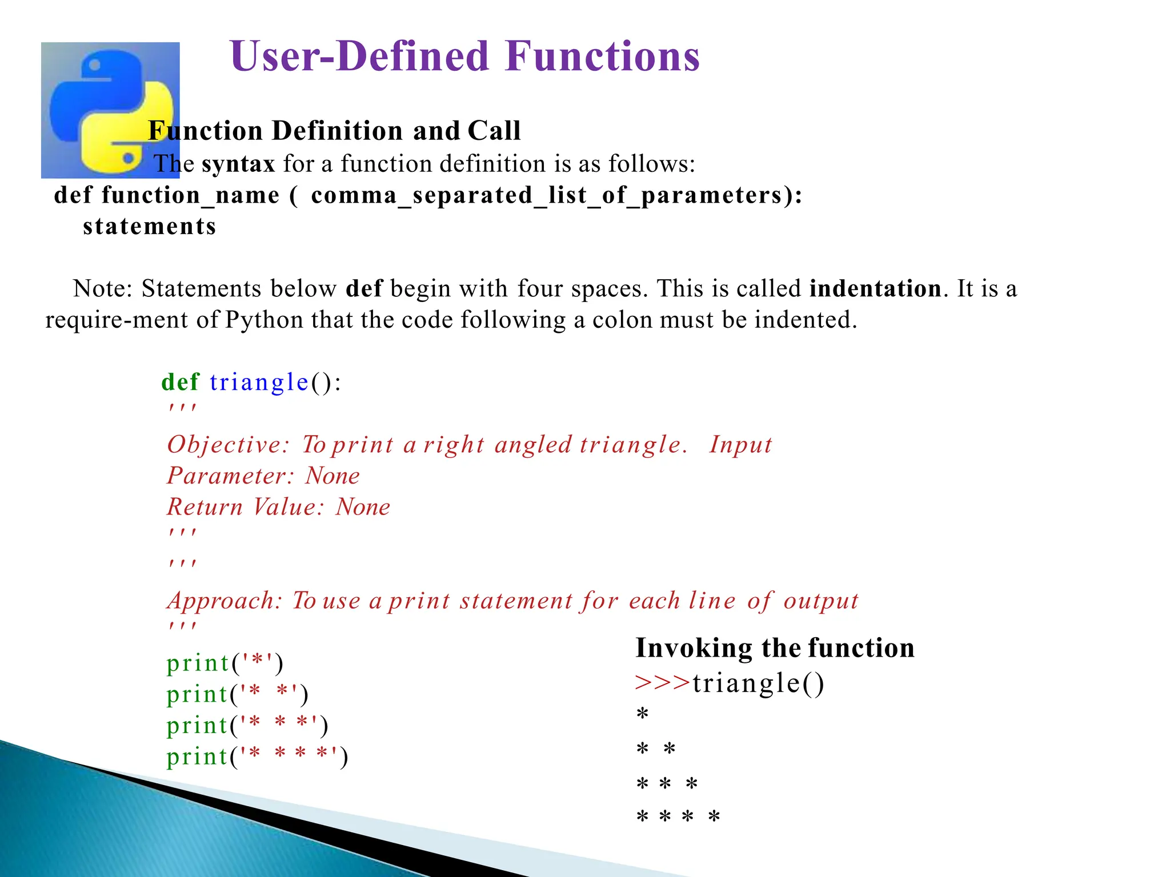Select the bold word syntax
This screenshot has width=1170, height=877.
click(238, 164)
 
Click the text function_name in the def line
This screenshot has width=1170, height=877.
click(191, 196)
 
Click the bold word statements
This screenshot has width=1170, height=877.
click(150, 227)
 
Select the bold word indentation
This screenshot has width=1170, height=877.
click(875, 288)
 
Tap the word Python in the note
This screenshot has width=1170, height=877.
click(264, 320)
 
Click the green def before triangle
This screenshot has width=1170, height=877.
click(180, 382)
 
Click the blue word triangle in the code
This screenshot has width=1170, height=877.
click(259, 382)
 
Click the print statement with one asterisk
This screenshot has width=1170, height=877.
click(225, 663)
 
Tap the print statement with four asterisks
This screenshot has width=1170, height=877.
click(257, 757)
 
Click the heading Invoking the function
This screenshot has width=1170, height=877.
click(775, 648)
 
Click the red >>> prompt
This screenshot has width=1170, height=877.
click(662, 683)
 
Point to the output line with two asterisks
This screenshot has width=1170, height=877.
click(656, 749)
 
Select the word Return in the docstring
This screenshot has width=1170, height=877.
click(205, 507)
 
